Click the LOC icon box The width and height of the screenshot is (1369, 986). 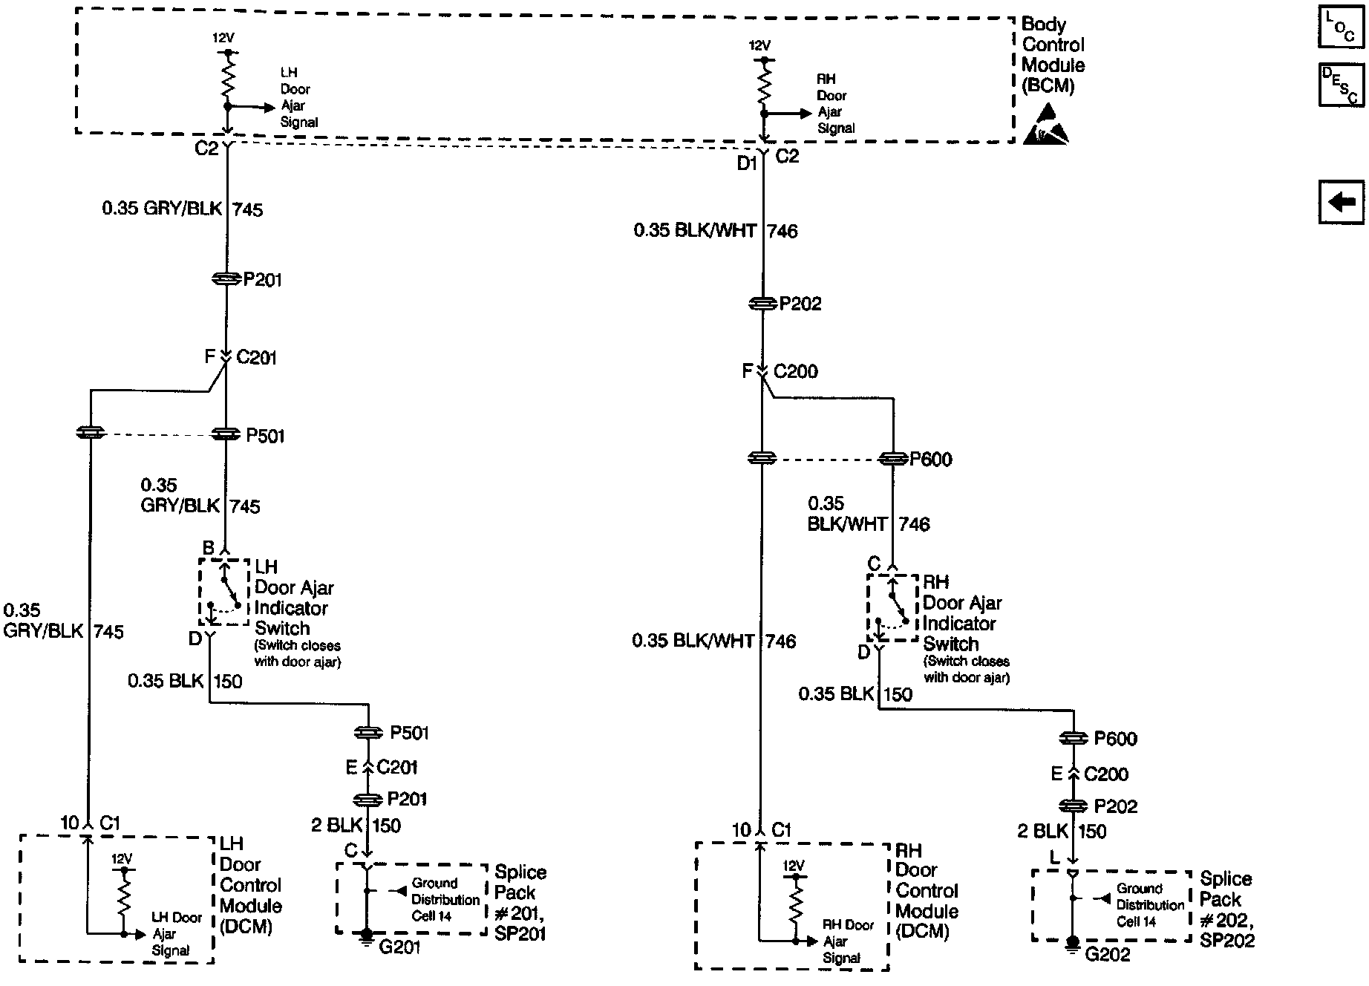click(1341, 28)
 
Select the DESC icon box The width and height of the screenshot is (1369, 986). click(1341, 85)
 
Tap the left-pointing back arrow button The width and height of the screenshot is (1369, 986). click(1341, 202)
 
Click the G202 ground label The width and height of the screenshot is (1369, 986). click(1107, 954)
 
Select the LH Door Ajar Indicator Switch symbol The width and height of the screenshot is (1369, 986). click(223, 592)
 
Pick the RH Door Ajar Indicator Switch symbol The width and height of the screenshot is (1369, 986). click(892, 607)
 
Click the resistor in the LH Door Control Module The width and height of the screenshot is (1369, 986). click(123, 899)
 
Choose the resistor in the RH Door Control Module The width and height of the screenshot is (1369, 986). click(794, 907)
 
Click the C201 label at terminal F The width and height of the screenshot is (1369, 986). click(256, 358)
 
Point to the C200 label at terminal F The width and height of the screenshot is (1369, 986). click(795, 371)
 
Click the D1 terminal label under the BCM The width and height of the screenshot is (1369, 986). click(746, 163)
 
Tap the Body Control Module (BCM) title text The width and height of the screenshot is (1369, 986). click(1053, 55)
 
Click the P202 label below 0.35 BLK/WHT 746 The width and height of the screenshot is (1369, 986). click(800, 304)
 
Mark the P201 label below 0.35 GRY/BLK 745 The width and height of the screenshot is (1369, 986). click(263, 280)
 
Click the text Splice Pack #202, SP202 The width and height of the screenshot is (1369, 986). click(1226, 909)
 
